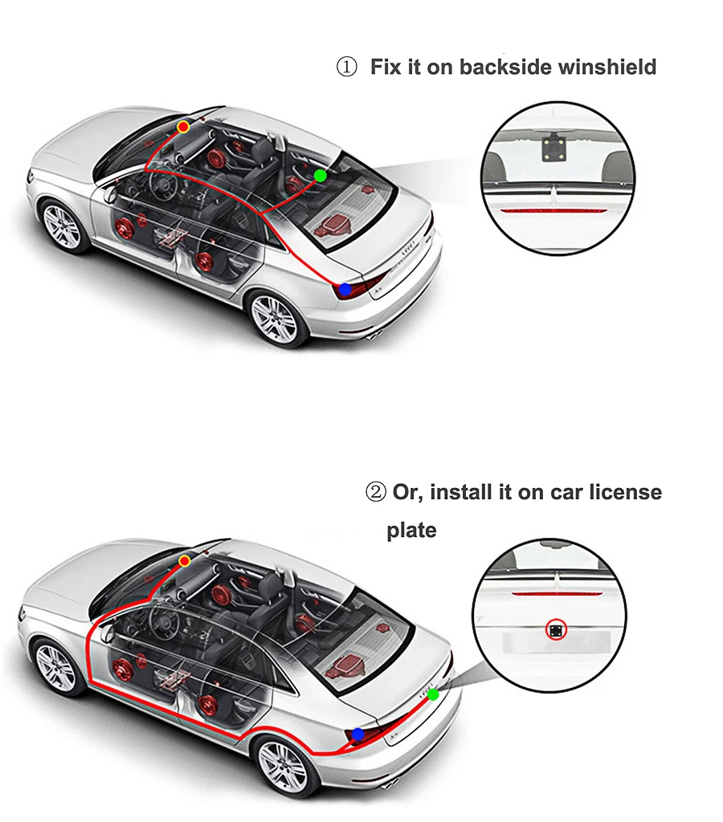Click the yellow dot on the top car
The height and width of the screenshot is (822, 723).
point(183,127)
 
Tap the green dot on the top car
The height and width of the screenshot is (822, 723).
point(320,176)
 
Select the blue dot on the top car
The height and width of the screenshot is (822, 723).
point(345,289)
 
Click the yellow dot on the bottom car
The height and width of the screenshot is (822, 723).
point(184,561)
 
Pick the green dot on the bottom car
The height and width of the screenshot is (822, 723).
point(433,694)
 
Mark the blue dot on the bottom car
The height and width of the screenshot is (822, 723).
point(358,735)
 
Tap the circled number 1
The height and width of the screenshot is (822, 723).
point(346,67)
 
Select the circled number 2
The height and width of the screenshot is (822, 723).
point(376,492)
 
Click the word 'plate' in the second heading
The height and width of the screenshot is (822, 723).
point(411,531)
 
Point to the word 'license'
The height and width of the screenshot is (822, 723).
point(626,492)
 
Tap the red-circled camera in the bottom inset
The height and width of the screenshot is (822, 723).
point(556,629)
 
